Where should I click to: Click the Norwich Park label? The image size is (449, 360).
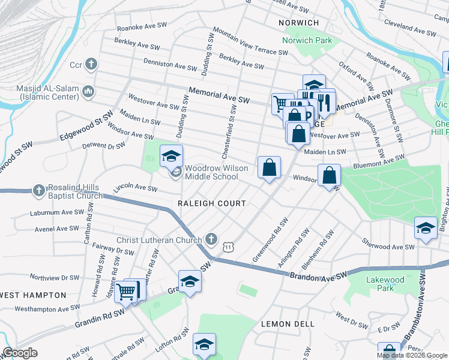click(307, 41)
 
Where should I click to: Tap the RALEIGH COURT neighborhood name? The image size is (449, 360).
click(211, 203)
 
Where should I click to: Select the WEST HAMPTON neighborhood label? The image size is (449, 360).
click(33, 295)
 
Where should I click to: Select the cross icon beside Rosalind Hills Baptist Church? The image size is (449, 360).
click(39, 190)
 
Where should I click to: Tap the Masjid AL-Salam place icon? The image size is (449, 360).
click(89, 91)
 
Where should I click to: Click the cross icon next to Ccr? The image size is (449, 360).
click(91, 64)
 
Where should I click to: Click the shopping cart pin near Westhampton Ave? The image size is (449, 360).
click(126, 292)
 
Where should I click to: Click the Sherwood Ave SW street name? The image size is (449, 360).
click(388, 246)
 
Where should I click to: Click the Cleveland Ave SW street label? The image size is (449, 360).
click(408, 27)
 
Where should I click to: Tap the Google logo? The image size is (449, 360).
click(20, 353)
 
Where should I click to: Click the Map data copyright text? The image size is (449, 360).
click(412, 355)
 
